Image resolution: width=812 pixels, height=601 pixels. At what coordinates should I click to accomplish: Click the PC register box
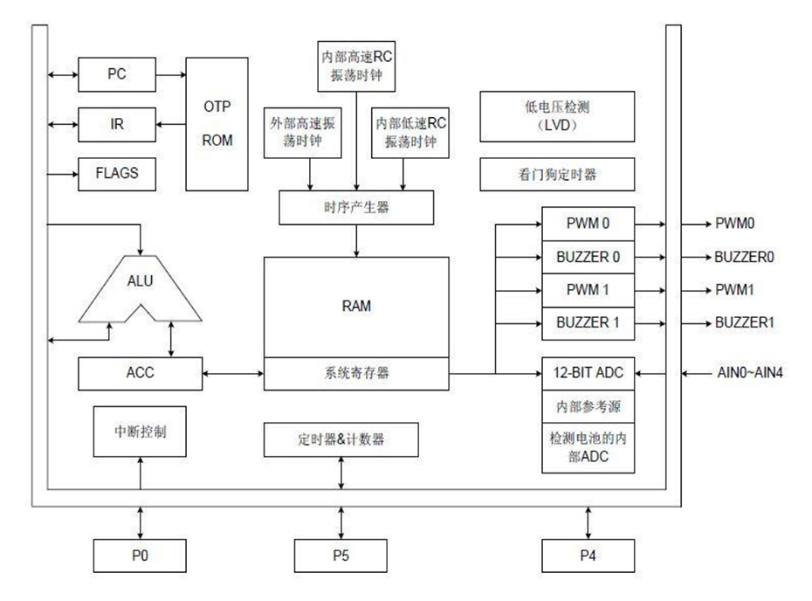tap(117, 74)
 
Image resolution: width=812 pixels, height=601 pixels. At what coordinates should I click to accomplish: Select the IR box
tap(117, 124)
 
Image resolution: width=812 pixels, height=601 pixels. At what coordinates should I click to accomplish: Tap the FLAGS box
tap(117, 173)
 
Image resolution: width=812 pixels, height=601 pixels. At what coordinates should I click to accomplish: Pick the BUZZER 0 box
tap(588, 257)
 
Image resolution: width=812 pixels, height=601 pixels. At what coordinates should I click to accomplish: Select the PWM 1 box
tap(588, 289)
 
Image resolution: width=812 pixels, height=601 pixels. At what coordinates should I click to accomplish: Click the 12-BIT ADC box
tap(588, 373)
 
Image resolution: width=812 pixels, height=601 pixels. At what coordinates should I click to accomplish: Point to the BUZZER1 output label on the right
tap(745, 323)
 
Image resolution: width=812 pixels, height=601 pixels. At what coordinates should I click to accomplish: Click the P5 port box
tap(341, 554)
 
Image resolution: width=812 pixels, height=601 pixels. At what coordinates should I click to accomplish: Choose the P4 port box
tap(588, 554)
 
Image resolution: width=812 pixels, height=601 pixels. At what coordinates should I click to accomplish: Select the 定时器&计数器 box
tap(341, 439)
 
